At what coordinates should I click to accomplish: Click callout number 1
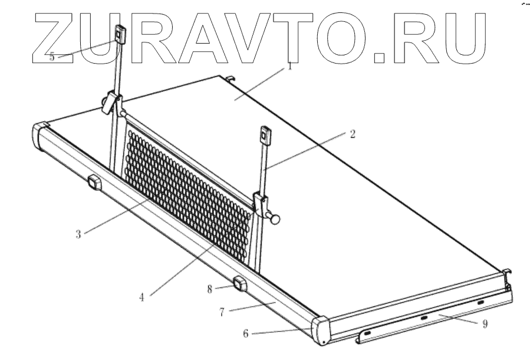[x=290, y=67]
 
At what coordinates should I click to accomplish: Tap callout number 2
[x=353, y=134]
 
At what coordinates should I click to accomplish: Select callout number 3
[x=78, y=233]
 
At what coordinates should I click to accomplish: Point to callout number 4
[x=141, y=296]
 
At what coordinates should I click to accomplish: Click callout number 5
[x=52, y=57]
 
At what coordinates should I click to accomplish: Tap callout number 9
[x=485, y=323]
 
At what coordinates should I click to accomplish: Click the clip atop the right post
[x=264, y=136]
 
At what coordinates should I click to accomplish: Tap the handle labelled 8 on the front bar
[x=239, y=285]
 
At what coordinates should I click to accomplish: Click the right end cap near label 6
[x=322, y=331]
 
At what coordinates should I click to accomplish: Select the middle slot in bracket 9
[x=423, y=318]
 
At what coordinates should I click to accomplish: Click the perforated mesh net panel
[x=189, y=189]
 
